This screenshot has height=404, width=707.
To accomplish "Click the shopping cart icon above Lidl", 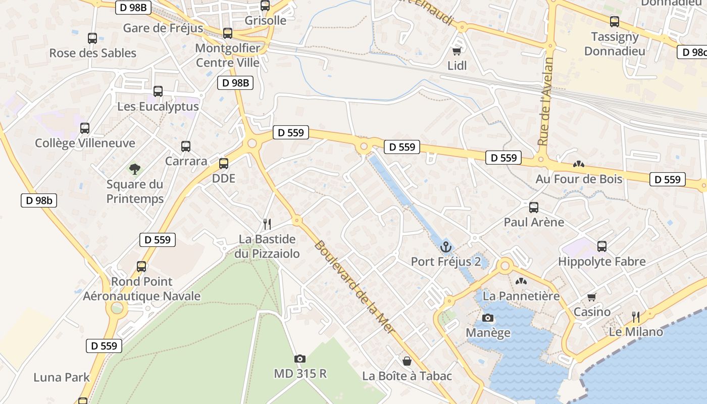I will [457, 52].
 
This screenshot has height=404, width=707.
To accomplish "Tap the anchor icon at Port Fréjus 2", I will [445, 247].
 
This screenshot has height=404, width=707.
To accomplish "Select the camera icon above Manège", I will [488, 318].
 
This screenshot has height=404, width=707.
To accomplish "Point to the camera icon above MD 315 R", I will [300, 359].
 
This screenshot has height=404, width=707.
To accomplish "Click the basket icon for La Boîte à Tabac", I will [407, 361].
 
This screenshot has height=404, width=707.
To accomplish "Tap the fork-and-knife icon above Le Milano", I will [636, 317].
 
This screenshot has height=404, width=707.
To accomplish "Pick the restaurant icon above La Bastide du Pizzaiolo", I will [267, 224].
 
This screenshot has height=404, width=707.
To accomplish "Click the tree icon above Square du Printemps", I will [134, 169].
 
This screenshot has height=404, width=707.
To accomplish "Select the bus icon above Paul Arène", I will [534, 207].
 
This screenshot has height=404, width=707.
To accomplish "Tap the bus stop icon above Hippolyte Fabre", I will [602, 246].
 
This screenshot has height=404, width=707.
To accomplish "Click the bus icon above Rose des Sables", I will [92, 38].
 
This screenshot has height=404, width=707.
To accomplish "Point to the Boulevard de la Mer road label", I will [353, 293].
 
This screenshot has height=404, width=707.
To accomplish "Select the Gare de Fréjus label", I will [163, 28].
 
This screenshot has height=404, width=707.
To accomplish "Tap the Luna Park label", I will [62, 377].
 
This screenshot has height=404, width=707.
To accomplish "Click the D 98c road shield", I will [692, 52].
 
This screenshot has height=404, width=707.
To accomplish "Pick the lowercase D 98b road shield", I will [39, 200].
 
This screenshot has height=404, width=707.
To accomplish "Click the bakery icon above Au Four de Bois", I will [579, 164].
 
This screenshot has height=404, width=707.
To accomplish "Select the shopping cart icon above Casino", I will [592, 297].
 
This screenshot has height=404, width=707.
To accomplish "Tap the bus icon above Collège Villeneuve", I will [85, 128].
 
